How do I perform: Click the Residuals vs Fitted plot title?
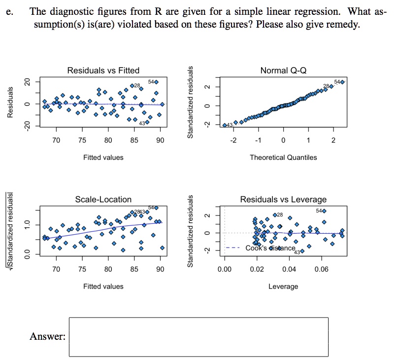point(103,71)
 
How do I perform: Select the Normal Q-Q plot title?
point(283,71)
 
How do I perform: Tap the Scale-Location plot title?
point(103,199)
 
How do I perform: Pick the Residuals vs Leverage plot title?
point(283,199)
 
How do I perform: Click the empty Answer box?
point(199,337)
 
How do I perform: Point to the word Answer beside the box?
point(47,337)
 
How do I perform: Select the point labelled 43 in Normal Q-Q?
point(225,125)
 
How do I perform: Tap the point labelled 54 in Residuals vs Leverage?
point(324,211)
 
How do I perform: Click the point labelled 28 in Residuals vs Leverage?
point(275,215)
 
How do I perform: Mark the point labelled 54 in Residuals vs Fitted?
point(156,82)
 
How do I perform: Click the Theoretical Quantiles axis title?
point(283,157)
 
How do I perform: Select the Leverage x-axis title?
point(283,286)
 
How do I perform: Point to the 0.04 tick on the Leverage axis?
point(289,270)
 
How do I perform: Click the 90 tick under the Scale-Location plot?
point(160,270)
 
